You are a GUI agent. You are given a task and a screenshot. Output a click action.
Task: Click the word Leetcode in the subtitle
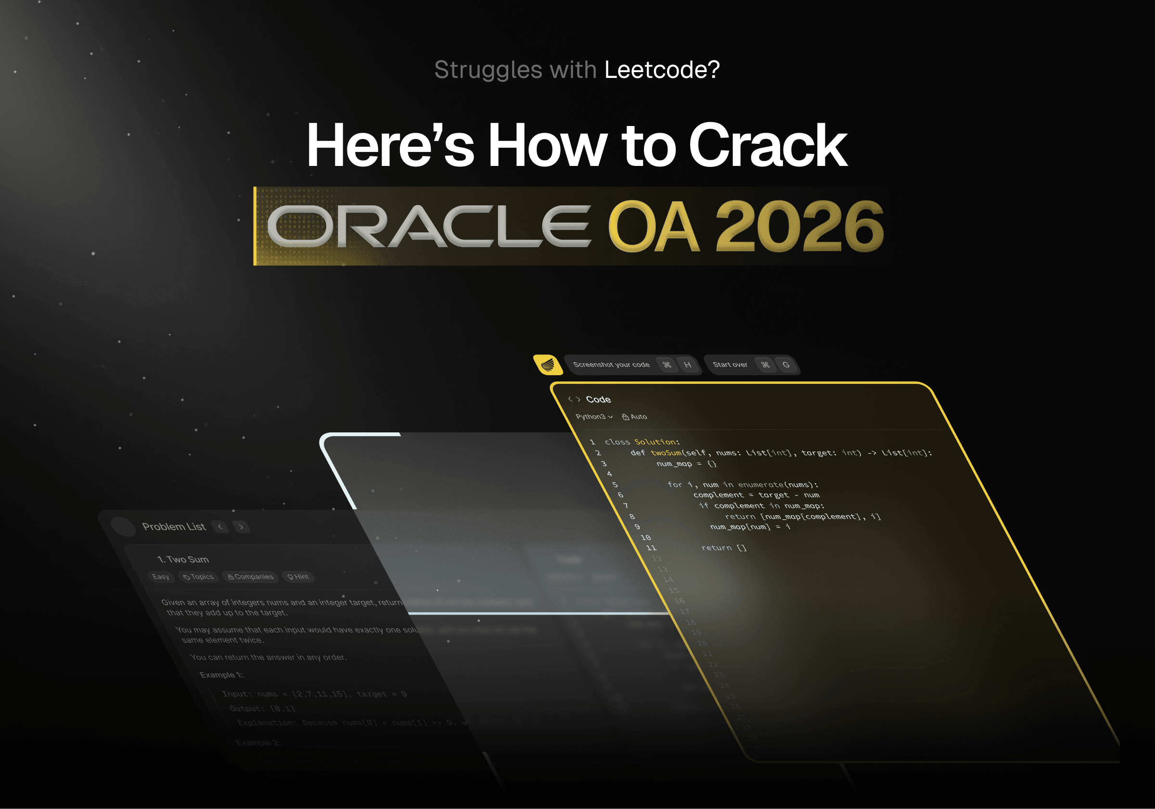pos(662,69)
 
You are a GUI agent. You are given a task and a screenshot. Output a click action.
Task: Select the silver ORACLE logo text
pos(429,226)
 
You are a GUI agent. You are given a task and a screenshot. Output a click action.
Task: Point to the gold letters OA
pos(654,226)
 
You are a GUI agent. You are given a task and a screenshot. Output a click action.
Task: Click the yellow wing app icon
pos(548,364)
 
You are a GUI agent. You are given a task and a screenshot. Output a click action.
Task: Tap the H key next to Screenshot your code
pos(687,365)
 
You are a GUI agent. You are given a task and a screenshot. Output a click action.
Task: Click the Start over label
pos(730,365)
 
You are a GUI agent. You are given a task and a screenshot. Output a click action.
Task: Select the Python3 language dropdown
pos(593,417)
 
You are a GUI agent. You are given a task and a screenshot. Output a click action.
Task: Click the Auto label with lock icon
pos(635,417)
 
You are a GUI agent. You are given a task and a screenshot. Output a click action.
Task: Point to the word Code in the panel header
pos(598,399)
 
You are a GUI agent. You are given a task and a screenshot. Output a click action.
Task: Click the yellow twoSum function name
pos(666,453)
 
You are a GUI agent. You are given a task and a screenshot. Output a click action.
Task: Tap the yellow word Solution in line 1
pos(654,442)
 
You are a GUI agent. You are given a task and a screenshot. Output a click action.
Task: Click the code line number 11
pos(652,548)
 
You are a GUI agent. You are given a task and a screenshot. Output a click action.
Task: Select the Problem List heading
pos(174,527)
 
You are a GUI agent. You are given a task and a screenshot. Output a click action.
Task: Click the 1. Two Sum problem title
pos(183,559)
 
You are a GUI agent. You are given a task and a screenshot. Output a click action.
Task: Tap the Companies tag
pos(251,577)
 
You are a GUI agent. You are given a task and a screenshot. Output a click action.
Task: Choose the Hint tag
pos(298,577)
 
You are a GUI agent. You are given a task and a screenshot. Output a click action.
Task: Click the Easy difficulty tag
pos(161,577)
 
